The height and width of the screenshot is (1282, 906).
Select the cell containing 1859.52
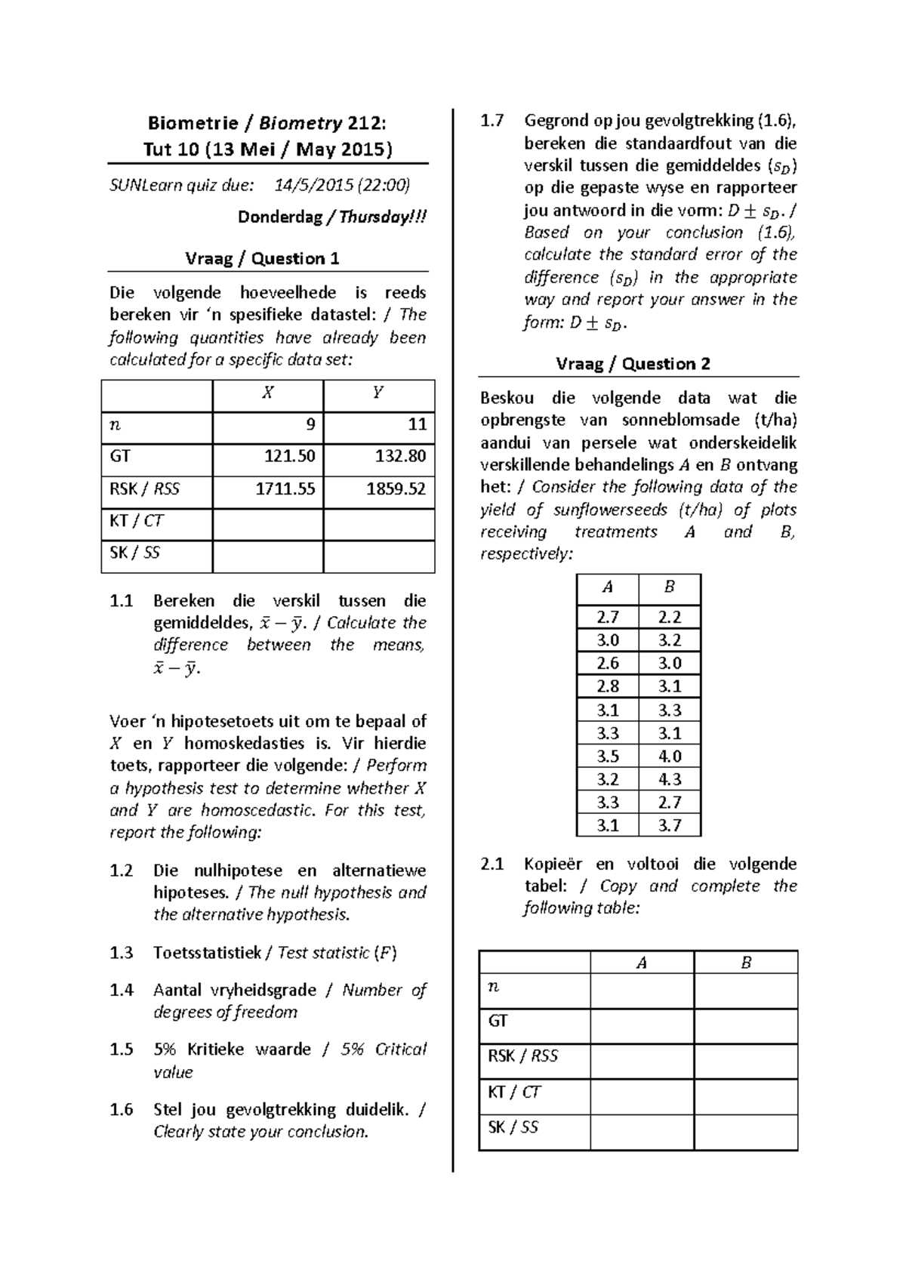396,489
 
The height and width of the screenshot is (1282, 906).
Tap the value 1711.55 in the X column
285,489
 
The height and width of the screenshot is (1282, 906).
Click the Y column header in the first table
378,393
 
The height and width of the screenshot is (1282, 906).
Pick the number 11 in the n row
417,424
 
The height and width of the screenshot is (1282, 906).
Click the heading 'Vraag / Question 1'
262,259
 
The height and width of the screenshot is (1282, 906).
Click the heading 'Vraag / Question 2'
633,364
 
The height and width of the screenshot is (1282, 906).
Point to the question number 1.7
492,121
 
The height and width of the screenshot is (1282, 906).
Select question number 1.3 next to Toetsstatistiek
121,953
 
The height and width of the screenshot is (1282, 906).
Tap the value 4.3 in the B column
669,779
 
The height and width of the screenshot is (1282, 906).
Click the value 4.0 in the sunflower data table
669,757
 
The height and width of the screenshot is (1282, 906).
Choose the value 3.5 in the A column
607,757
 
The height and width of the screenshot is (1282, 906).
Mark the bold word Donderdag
279,217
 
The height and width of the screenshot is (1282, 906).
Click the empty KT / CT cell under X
268,522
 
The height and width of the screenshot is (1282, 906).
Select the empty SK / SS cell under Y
378,553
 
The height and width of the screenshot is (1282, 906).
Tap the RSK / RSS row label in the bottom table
522,1056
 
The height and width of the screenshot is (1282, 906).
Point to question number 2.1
492,864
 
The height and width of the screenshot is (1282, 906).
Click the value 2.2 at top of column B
669,618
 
